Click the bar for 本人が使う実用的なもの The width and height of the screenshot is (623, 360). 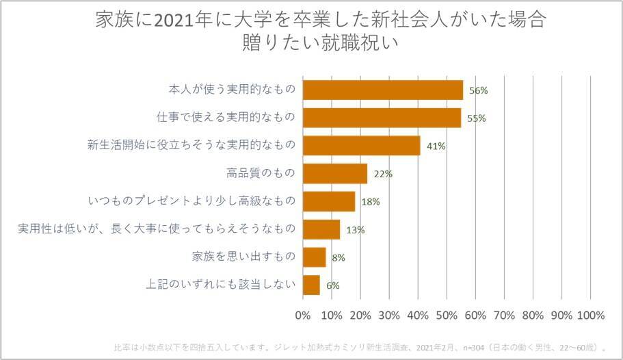tap(382, 90)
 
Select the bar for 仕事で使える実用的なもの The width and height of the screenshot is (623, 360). tap(381, 118)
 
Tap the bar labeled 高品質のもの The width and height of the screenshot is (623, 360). tap(334, 174)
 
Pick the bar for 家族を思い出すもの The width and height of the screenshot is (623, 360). tap(314, 257)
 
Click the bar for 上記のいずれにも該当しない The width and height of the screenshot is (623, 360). tap(311, 285)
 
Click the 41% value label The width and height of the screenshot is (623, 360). tap(437, 146)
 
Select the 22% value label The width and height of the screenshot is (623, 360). tap(383, 174)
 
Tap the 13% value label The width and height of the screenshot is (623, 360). tap(355, 230)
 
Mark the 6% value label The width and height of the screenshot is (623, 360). tap(333, 285)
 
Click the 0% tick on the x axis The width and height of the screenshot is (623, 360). tap(302, 316)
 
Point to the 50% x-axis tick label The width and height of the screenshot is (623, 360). tap(447, 316)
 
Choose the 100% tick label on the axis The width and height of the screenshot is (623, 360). tap(591, 316)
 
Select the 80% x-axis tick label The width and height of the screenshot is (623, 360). tap(533, 316)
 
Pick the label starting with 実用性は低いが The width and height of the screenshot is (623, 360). tap(157, 229)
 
